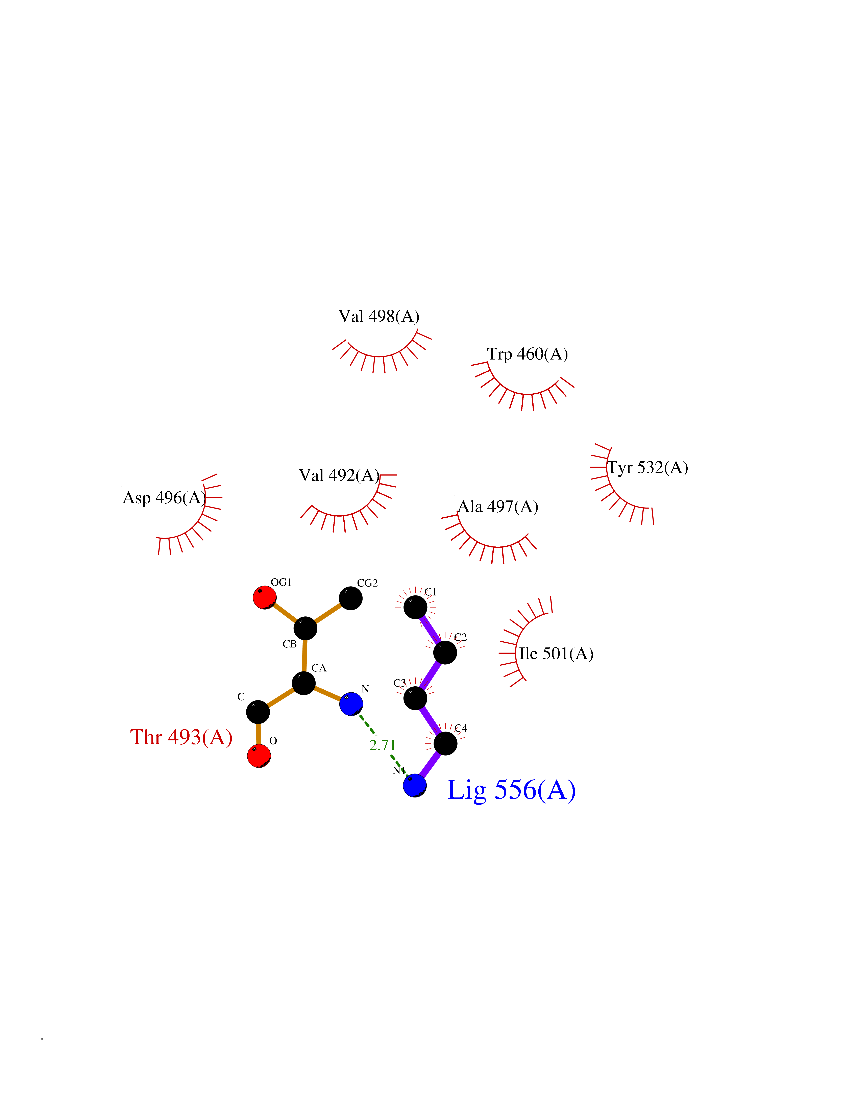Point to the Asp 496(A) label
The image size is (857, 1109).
click(x=164, y=498)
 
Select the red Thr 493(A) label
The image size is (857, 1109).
click(x=181, y=737)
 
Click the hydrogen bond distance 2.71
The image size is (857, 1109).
click(x=382, y=745)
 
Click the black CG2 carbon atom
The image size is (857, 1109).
click(x=350, y=598)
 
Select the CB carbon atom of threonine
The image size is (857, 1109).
click(x=305, y=629)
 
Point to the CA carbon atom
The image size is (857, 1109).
click(x=304, y=683)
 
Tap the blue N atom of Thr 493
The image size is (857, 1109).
click(x=351, y=704)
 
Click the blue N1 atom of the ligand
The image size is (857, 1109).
click(x=415, y=786)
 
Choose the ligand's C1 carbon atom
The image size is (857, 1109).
click(x=415, y=607)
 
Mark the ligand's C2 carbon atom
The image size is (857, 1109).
click(x=445, y=652)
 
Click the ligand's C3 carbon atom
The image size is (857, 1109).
click(x=415, y=698)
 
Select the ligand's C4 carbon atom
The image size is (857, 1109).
click(x=445, y=744)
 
